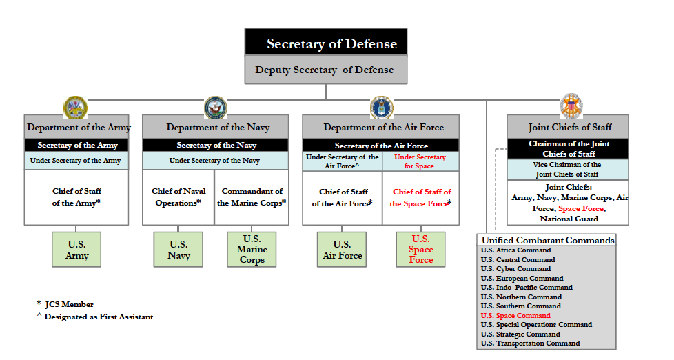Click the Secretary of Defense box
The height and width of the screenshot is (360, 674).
coord(326,43)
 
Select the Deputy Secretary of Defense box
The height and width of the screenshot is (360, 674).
coord(326,70)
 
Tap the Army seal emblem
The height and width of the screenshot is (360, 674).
coord(75,107)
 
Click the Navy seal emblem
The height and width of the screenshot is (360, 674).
coord(215,107)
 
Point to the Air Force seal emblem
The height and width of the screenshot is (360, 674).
coord(381,107)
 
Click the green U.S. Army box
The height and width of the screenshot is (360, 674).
coord(76,250)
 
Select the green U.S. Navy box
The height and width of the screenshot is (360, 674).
coord(178,250)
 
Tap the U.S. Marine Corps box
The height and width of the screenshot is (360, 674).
coord(252,250)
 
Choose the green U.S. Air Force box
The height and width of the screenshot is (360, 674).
coord(342,250)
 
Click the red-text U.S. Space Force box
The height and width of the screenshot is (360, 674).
coord(420,250)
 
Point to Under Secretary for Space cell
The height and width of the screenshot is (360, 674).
coord(420,161)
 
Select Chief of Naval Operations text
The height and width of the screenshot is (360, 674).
coord(178,197)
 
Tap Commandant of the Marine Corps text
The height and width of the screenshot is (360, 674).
coord(252,197)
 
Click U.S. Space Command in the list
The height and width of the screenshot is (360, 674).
coord(515,315)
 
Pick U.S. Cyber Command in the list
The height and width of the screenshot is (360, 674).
coord(515,269)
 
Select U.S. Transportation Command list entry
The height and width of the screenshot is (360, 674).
coord(530,343)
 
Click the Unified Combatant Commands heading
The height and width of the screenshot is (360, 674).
coord(547,240)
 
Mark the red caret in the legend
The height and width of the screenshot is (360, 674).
coord(39,317)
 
